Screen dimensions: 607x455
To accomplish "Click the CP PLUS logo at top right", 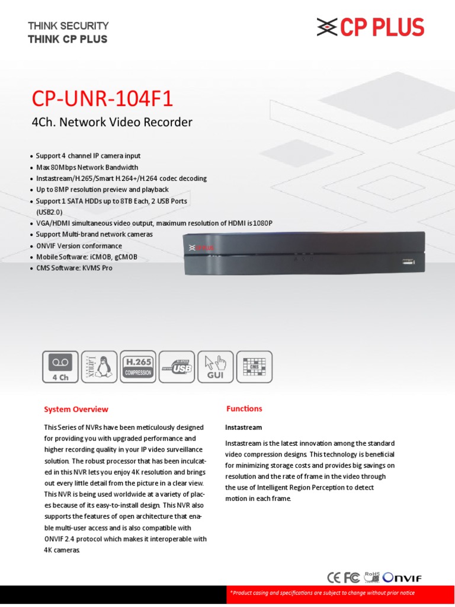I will pyautogui.click(x=370, y=28).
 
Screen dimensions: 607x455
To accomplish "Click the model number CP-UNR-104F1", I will pyautogui.click(x=102, y=98).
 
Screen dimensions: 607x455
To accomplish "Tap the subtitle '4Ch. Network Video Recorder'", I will pyautogui.click(x=111, y=123).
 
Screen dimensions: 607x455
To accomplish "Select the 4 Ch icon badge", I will pyautogui.click(x=60, y=367).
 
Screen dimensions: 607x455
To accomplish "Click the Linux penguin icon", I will pyautogui.click(x=99, y=367).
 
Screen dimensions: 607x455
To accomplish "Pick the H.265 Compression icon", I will pyautogui.click(x=137, y=367).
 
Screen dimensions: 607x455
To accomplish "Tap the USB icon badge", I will pyautogui.click(x=177, y=367).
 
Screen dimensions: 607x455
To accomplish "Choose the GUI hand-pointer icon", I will pyautogui.click(x=215, y=367).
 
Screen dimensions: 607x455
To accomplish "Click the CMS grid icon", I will pyautogui.click(x=254, y=367).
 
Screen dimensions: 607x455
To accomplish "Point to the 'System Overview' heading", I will pyautogui.click(x=76, y=409).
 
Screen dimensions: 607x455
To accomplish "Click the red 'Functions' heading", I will pyautogui.click(x=244, y=408).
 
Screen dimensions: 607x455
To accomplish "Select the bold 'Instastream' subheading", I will pyautogui.click(x=243, y=427).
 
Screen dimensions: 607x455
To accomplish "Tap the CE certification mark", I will pyautogui.click(x=335, y=577).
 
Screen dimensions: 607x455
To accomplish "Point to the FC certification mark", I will pyautogui.click(x=352, y=577).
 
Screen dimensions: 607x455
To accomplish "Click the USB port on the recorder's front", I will pyautogui.click(x=409, y=261).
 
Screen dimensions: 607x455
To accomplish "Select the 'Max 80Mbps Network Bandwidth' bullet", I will pyautogui.click(x=87, y=167).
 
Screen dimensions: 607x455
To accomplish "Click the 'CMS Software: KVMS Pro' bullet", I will pyautogui.click(x=74, y=268).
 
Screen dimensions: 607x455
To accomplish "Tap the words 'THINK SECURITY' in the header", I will pyautogui.click(x=68, y=25).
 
